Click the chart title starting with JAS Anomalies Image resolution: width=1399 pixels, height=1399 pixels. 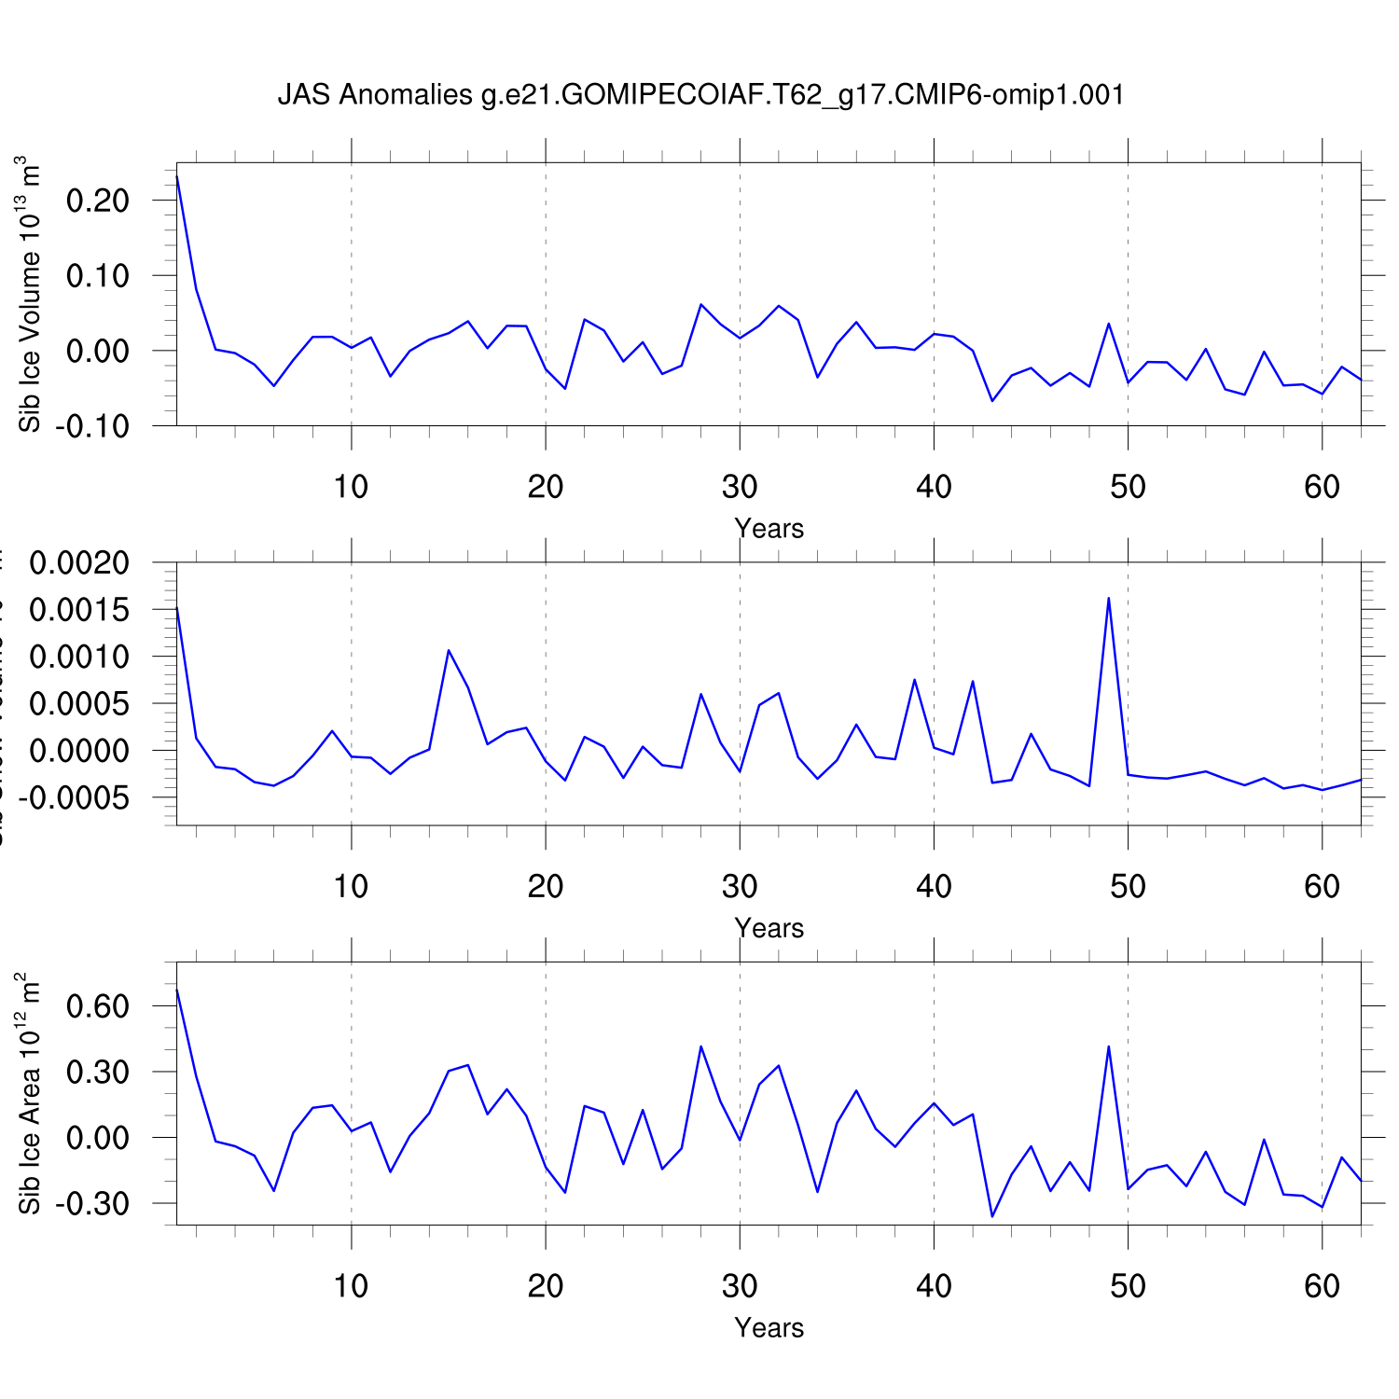(700, 95)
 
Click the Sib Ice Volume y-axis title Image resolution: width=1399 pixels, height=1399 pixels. (30, 294)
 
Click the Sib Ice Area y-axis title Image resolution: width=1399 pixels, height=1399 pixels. (30, 1092)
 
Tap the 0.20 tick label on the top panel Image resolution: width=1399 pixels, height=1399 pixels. (97, 201)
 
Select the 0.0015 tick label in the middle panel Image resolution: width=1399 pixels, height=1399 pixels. (79, 610)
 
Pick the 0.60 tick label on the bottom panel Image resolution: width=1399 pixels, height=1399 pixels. (97, 1006)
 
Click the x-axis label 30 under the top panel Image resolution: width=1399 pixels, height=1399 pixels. (740, 486)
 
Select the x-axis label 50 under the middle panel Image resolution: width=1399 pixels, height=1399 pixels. (1128, 886)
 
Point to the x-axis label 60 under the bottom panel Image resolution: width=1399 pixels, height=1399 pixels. (1322, 1286)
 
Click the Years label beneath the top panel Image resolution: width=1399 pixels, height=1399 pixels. (769, 529)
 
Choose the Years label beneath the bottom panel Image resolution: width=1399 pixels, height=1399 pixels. (769, 1328)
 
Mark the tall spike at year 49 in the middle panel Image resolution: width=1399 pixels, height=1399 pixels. (1108, 598)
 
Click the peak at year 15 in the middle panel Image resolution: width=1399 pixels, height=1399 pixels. (449, 650)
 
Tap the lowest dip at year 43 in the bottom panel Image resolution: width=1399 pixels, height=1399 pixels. (991, 1216)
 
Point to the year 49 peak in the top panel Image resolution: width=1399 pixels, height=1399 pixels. (1108, 324)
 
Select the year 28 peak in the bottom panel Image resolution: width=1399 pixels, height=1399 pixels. (700, 1046)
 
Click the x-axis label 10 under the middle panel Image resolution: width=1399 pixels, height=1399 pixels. (351, 886)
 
